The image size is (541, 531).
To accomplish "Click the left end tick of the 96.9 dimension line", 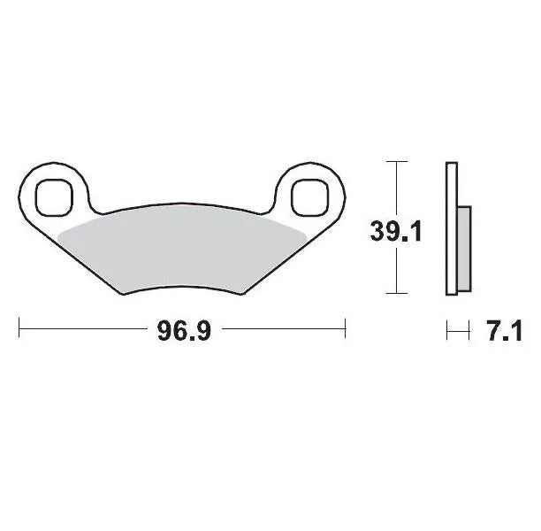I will [x=19, y=332].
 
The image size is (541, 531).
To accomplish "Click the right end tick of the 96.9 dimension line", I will [x=344, y=332].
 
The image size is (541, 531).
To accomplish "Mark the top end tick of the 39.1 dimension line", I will [x=398, y=161].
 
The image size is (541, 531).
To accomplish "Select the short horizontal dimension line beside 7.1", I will [x=457, y=332].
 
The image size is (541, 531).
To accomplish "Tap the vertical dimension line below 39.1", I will [x=398, y=270].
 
